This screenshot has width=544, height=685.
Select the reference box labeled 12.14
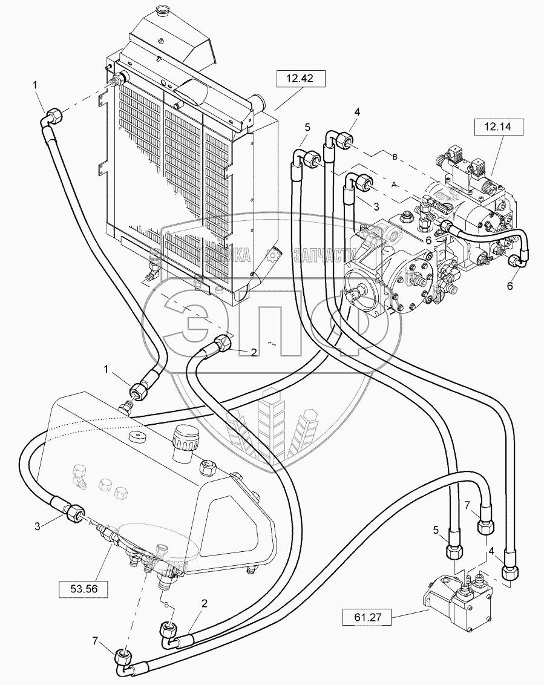[x=497, y=128]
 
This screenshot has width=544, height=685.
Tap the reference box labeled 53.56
[x=83, y=588]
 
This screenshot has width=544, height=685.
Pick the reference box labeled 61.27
[x=367, y=618]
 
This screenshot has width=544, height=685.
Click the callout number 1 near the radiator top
[x=36, y=85]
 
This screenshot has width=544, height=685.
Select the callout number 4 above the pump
[x=358, y=112]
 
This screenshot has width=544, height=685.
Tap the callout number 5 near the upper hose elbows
[x=307, y=127]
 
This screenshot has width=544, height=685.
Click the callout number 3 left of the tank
[x=37, y=525]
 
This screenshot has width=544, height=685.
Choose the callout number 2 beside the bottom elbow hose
[x=205, y=603]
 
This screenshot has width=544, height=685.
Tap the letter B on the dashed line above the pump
[x=395, y=157]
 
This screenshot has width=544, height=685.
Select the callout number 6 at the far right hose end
[x=510, y=286]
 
